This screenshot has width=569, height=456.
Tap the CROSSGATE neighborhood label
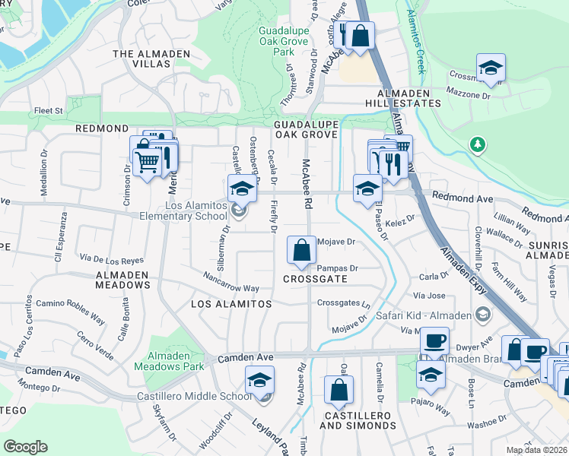tap(315, 279)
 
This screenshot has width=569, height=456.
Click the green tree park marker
tap(478, 144)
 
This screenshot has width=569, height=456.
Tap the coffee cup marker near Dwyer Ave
tap(434, 340)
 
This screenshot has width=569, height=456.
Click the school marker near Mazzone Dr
tap(491, 67)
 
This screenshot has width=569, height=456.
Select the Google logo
tap(25, 446)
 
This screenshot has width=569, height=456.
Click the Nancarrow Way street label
tap(230, 283)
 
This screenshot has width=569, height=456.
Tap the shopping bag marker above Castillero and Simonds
tap(339, 390)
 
